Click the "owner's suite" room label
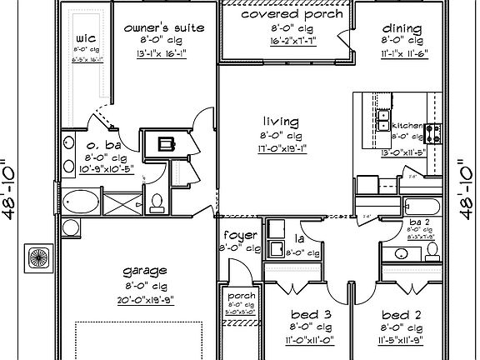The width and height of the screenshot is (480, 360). coord(164,27)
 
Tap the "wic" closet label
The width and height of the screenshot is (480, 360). coord(85,38)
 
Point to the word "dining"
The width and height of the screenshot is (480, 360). coord(402,28)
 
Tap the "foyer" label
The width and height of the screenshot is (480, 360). coord(239,235)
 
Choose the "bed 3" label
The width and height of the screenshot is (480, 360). coord(311,315)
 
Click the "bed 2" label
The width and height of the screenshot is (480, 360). coord(401,315)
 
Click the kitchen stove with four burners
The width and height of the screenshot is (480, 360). coord(432,132)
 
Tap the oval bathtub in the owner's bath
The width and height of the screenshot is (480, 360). coord(80,202)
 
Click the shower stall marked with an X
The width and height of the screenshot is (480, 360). coord(123,201)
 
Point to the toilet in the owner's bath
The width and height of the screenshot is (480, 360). coord(156,202)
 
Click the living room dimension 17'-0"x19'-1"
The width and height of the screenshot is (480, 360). coord(279,149)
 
